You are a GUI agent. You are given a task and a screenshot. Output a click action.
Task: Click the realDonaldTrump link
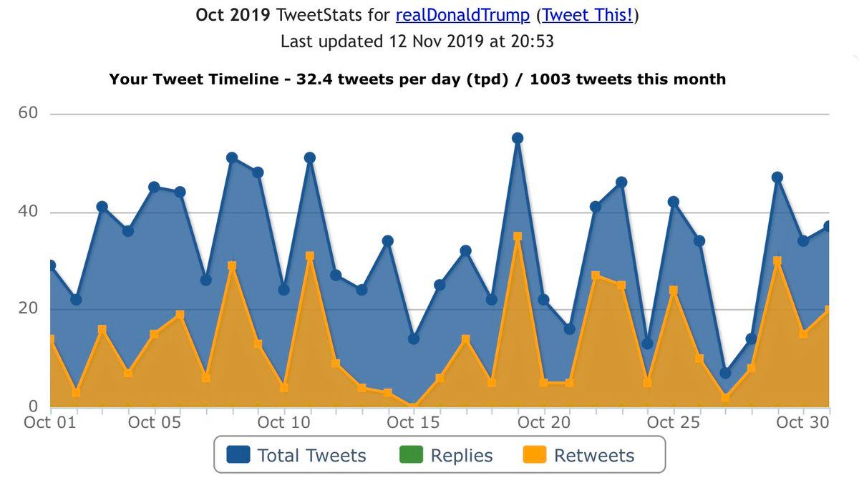[x=462, y=15]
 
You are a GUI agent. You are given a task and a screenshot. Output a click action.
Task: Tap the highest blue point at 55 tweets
[x=518, y=138]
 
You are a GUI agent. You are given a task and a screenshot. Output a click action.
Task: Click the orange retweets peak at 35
[x=518, y=236]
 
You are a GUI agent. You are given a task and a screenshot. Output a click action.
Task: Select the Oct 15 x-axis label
[x=413, y=422]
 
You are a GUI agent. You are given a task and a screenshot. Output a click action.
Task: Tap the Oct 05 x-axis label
[x=153, y=422]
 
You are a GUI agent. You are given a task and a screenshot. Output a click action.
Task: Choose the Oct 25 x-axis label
[x=673, y=422]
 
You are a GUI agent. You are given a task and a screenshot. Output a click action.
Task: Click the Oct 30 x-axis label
[x=802, y=422]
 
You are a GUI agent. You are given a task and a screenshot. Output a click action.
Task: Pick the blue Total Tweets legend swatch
[x=238, y=455]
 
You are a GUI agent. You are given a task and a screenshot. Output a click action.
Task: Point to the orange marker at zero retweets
[x=414, y=406]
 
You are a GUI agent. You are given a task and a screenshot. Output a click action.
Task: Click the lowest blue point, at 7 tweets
[x=725, y=373]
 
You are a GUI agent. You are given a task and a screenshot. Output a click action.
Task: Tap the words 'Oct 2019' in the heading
[x=225, y=15]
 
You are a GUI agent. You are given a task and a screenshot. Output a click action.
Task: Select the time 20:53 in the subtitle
[x=529, y=42]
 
